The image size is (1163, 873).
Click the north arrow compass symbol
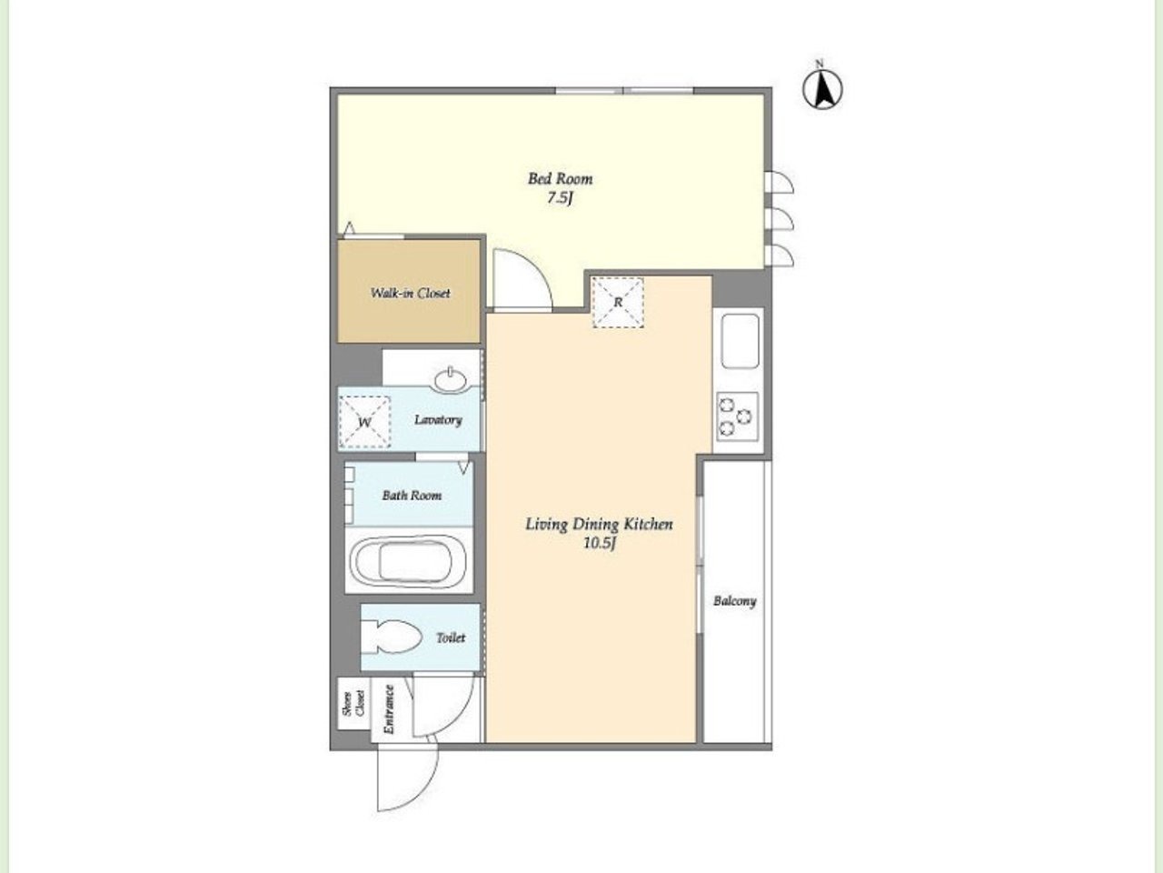[x=822, y=89]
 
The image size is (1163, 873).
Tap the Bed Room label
[x=560, y=178]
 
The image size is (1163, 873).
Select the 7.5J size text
[x=560, y=198]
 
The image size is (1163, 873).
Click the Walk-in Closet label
[x=410, y=293]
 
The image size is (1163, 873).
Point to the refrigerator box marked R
[x=618, y=302]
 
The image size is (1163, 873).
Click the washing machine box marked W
[x=364, y=422]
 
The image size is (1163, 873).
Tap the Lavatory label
[x=438, y=420]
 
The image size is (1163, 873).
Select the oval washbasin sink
[x=451, y=380]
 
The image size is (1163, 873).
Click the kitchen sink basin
[x=741, y=341]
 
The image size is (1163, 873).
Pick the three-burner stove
[x=738, y=416]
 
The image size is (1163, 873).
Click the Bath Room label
[x=412, y=496]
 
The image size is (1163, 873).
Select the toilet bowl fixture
[x=392, y=637]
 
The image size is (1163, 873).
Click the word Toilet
[x=451, y=637]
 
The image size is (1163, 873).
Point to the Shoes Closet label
[x=354, y=703]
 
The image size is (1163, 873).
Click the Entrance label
[x=390, y=709]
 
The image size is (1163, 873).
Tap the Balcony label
[x=734, y=601]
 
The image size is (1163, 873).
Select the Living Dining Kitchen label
[x=600, y=524]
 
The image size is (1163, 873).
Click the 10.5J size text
[x=600, y=544]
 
